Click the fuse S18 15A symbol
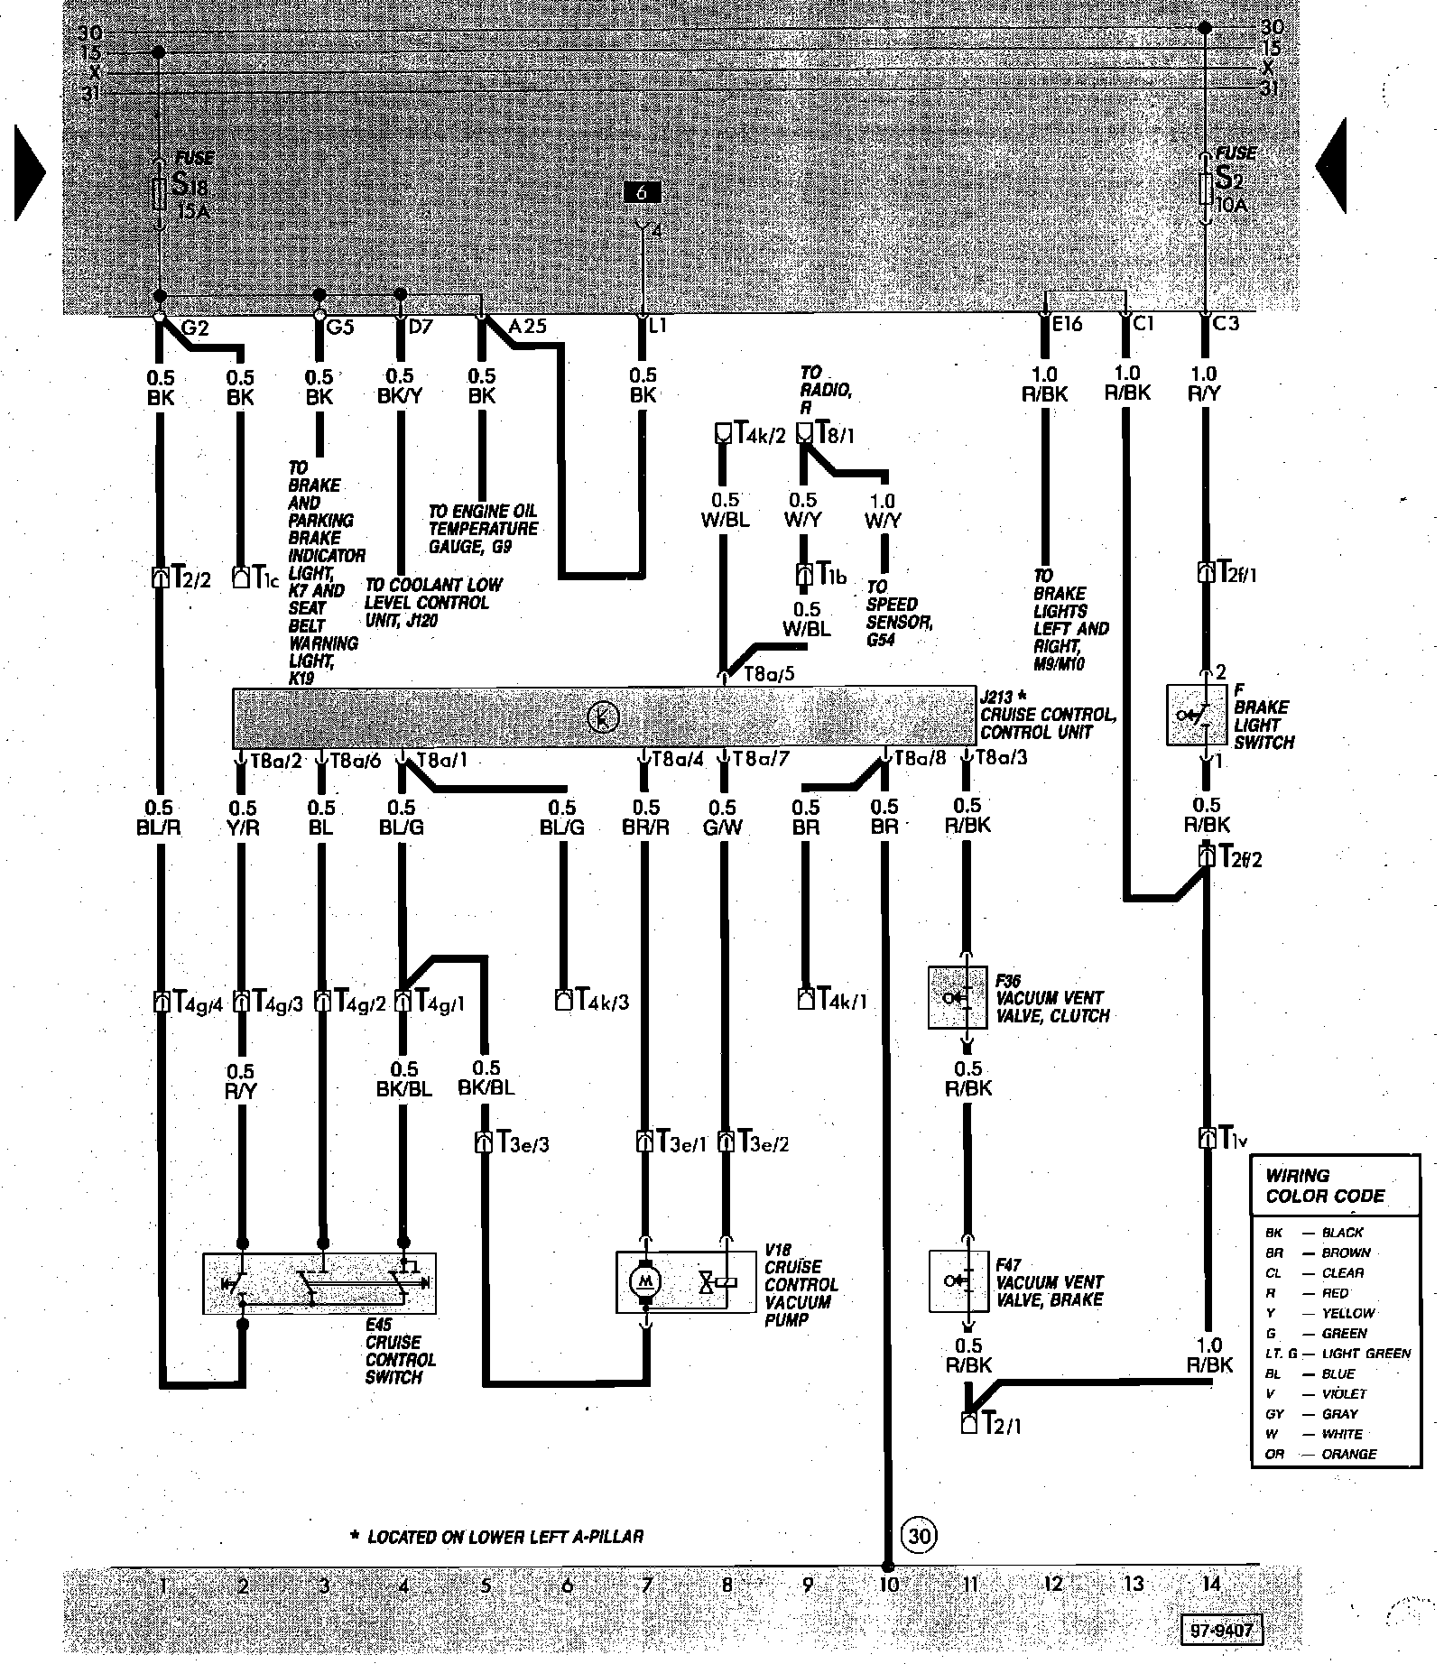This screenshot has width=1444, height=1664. coord(160,193)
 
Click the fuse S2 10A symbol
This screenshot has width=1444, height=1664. coord(1206,190)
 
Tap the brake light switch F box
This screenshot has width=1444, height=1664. coord(1197,715)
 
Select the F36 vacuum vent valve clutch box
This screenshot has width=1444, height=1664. coord(958,997)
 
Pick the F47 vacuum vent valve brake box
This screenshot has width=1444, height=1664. coord(958,1280)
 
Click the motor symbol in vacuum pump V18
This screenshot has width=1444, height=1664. coord(644,1280)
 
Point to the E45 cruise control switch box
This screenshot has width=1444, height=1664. coord(319,1282)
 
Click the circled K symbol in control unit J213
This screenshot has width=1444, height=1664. coord(602,717)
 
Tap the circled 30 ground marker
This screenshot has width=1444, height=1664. coord(919,1535)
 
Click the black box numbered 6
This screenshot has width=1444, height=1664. coord(642,192)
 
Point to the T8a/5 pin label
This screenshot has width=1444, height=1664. coord(768,674)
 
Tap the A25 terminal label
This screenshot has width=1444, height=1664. coord(528,326)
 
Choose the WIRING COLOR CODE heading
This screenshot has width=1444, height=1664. coord(1324,1186)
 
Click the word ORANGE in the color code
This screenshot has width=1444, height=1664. coord(1349,1454)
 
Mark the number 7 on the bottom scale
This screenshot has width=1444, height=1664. coord(646,1585)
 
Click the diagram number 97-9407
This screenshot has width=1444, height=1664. coord(1222,1632)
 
